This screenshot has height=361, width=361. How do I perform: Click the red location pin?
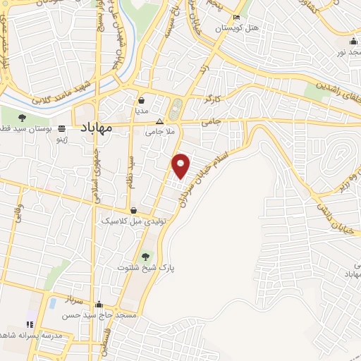tap(182, 165)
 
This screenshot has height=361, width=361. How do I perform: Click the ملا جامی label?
tap(159, 131)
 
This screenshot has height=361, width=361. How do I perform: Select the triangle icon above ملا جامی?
tap(159, 121)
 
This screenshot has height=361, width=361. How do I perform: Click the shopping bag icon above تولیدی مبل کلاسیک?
tap(134, 210)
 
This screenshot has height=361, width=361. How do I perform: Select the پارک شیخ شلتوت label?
tap(147, 268)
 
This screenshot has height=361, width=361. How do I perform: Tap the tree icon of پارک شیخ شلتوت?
tap(146, 257)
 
